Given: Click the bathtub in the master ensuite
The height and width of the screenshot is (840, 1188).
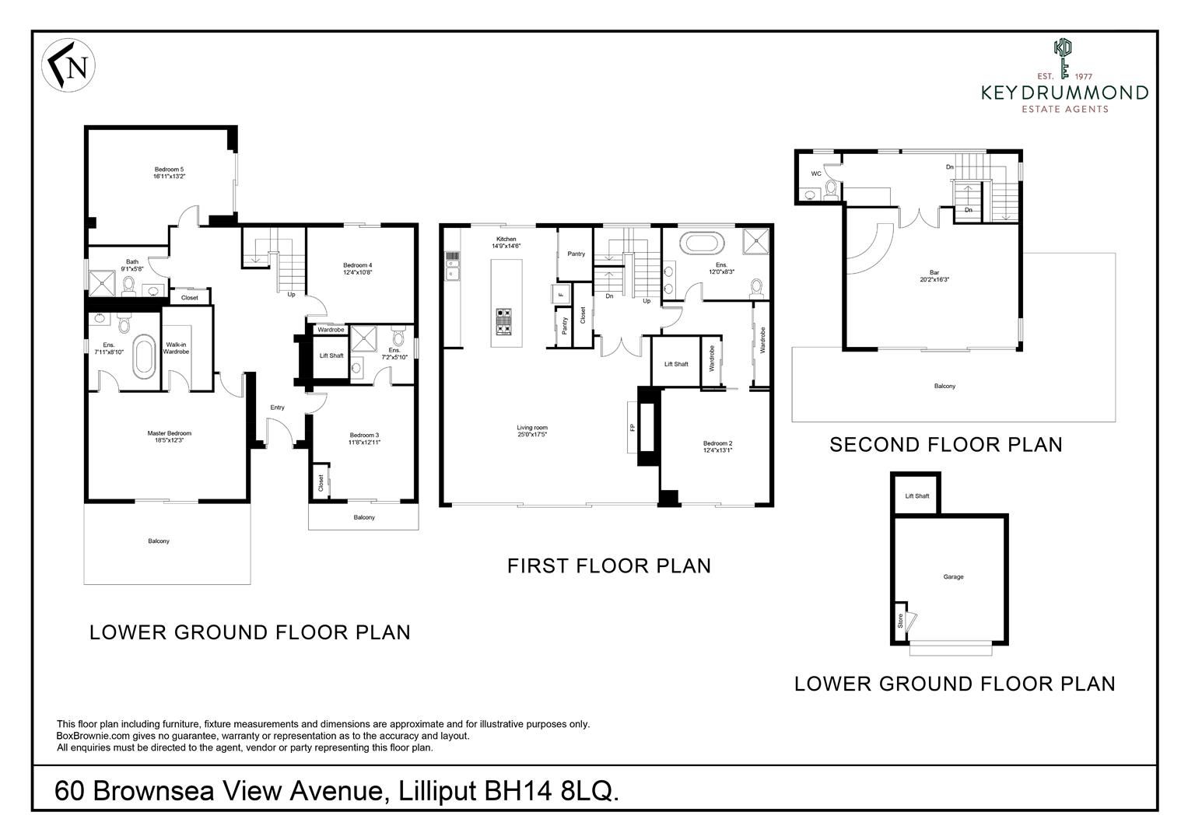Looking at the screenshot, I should pyautogui.click(x=145, y=357).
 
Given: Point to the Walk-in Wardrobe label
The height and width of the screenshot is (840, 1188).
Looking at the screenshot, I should pyautogui.click(x=176, y=348).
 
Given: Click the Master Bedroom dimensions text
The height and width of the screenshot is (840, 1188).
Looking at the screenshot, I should pyautogui.click(x=169, y=441).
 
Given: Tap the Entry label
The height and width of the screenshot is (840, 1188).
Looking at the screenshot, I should pyautogui.click(x=277, y=408).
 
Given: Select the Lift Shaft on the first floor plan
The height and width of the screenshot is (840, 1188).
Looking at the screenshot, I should pyautogui.click(x=675, y=364).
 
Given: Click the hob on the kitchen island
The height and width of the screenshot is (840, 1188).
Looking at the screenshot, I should pyautogui.click(x=504, y=320).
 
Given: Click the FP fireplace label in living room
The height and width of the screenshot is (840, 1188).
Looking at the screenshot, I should pyautogui.click(x=632, y=428).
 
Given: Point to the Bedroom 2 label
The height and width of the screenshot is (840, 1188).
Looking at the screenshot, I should pyautogui.click(x=717, y=443).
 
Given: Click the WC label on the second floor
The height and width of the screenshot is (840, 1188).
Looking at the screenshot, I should pyautogui.click(x=816, y=173).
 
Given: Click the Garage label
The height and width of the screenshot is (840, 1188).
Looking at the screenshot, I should pyautogui.click(x=953, y=577).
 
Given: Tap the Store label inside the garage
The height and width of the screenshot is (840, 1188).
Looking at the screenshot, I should pyautogui.click(x=900, y=621).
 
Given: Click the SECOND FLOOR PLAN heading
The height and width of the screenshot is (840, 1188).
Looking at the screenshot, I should pyautogui.click(x=945, y=445).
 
